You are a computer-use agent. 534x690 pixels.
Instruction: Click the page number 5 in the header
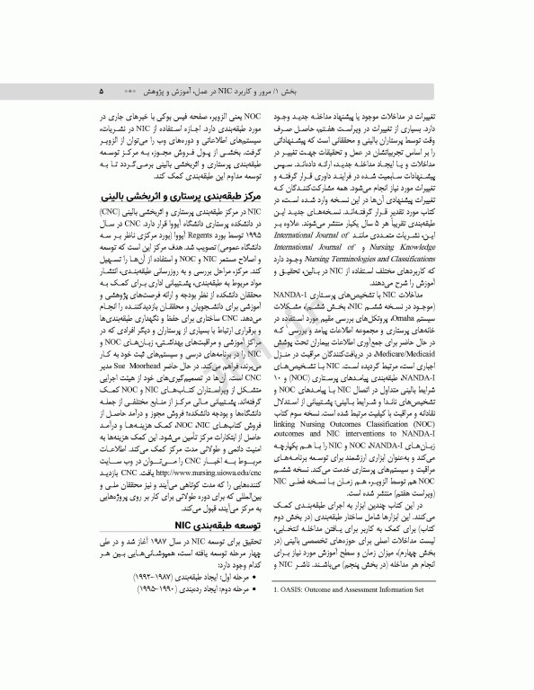pyautogui.click(x=102, y=92)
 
